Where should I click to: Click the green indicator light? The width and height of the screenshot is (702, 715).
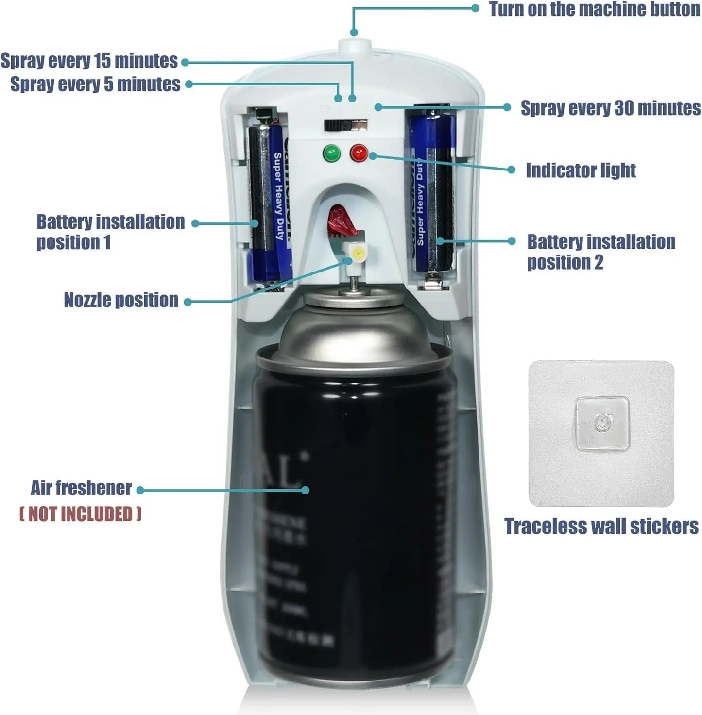[x=331, y=153]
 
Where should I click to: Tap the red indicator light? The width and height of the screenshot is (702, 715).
[x=359, y=153]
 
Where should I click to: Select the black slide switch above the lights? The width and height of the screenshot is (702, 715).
[x=346, y=125]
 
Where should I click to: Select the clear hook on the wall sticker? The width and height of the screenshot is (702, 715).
[x=601, y=423]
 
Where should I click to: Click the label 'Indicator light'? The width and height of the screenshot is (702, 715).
[x=581, y=170]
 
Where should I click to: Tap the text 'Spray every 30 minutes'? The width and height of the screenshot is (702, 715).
[x=610, y=108]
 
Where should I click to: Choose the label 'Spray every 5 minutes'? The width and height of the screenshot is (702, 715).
[x=95, y=84]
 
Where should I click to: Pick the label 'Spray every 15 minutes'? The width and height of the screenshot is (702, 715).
[x=89, y=61]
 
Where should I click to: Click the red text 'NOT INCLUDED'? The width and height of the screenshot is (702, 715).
[x=80, y=514]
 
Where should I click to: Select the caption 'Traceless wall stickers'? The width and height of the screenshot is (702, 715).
[x=601, y=527]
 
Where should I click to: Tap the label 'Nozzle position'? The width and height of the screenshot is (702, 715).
[x=121, y=300]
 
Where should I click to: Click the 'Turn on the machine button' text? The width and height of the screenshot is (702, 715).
[x=594, y=9]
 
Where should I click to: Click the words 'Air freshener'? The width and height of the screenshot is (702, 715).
[x=81, y=488]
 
